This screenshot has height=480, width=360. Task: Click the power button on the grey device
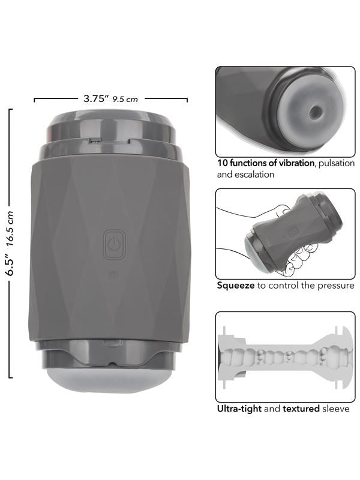(x=113, y=245)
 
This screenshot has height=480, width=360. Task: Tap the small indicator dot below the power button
(x=113, y=275)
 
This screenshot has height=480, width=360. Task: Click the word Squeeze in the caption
(x=236, y=286)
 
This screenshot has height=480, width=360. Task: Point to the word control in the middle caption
(x=284, y=286)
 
